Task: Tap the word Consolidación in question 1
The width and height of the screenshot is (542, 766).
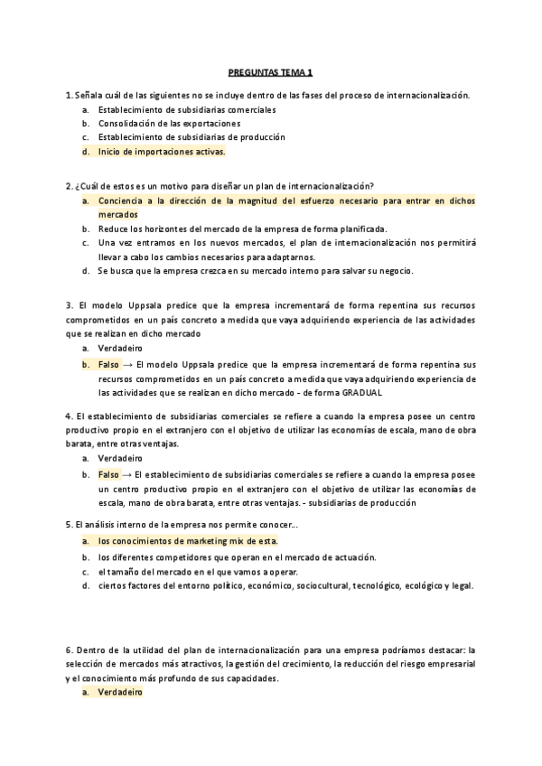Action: (x=126, y=123)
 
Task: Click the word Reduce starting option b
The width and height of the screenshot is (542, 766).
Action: (x=115, y=229)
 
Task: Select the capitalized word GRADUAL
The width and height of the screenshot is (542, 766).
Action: (x=362, y=393)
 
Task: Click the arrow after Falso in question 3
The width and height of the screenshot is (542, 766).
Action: (x=126, y=364)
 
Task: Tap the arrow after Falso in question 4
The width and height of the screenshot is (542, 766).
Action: (x=126, y=474)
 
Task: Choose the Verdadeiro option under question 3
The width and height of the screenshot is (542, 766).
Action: (x=121, y=348)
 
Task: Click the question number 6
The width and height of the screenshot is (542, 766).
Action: (x=70, y=649)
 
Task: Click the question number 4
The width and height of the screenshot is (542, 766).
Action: (x=70, y=416)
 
